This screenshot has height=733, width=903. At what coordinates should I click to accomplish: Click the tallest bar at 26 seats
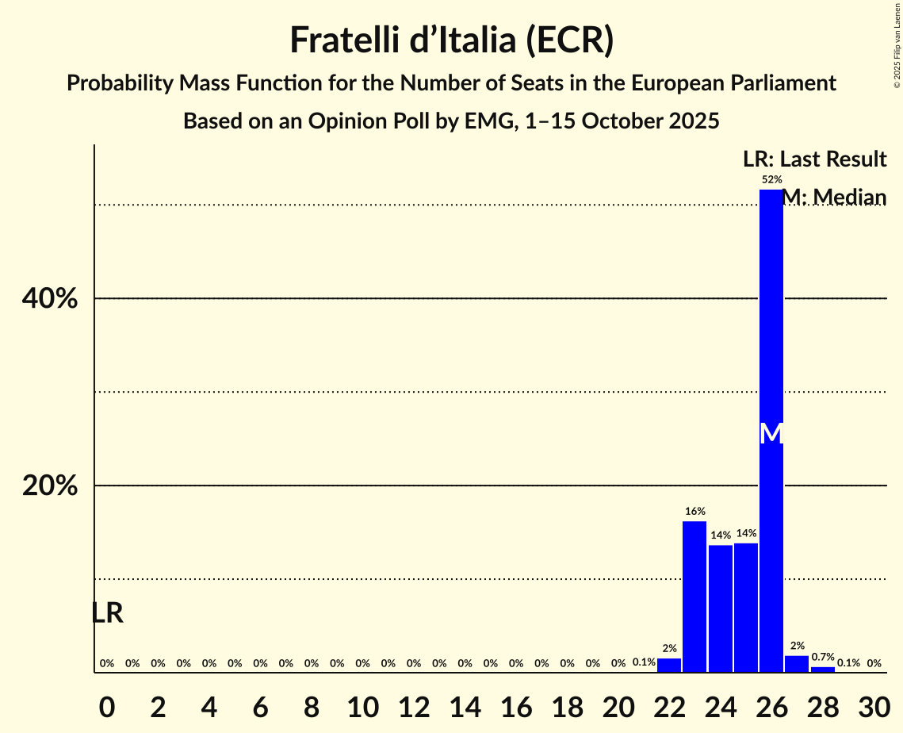coord(771,317)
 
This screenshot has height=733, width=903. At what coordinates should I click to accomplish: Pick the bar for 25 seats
coord(745,608)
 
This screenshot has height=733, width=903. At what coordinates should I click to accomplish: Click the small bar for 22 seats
coord(669,666)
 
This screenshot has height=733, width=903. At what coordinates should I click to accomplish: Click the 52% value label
coord(771,180)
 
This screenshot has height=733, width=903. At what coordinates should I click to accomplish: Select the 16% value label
coord(695,512)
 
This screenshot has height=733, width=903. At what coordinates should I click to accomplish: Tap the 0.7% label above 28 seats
coord(822,658)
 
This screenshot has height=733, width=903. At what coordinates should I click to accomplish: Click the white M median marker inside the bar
coord(771,434)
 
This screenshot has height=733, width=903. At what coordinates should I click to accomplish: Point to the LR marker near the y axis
coord(107,613)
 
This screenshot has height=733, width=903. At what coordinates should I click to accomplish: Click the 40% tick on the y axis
coord(50,299)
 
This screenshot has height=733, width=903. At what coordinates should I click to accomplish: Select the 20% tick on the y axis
coord(50,485)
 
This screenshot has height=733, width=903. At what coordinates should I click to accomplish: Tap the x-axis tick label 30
coord(874,707)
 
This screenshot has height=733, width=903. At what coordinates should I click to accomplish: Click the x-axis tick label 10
coord(362,707)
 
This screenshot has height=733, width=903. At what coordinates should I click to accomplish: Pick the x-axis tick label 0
coord(107,707)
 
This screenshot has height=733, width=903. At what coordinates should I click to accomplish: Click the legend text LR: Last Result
coord(814,159)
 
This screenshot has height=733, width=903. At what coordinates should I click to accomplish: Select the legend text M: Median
coord(834,198)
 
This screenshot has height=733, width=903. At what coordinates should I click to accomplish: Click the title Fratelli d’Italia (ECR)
coord(451,40)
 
